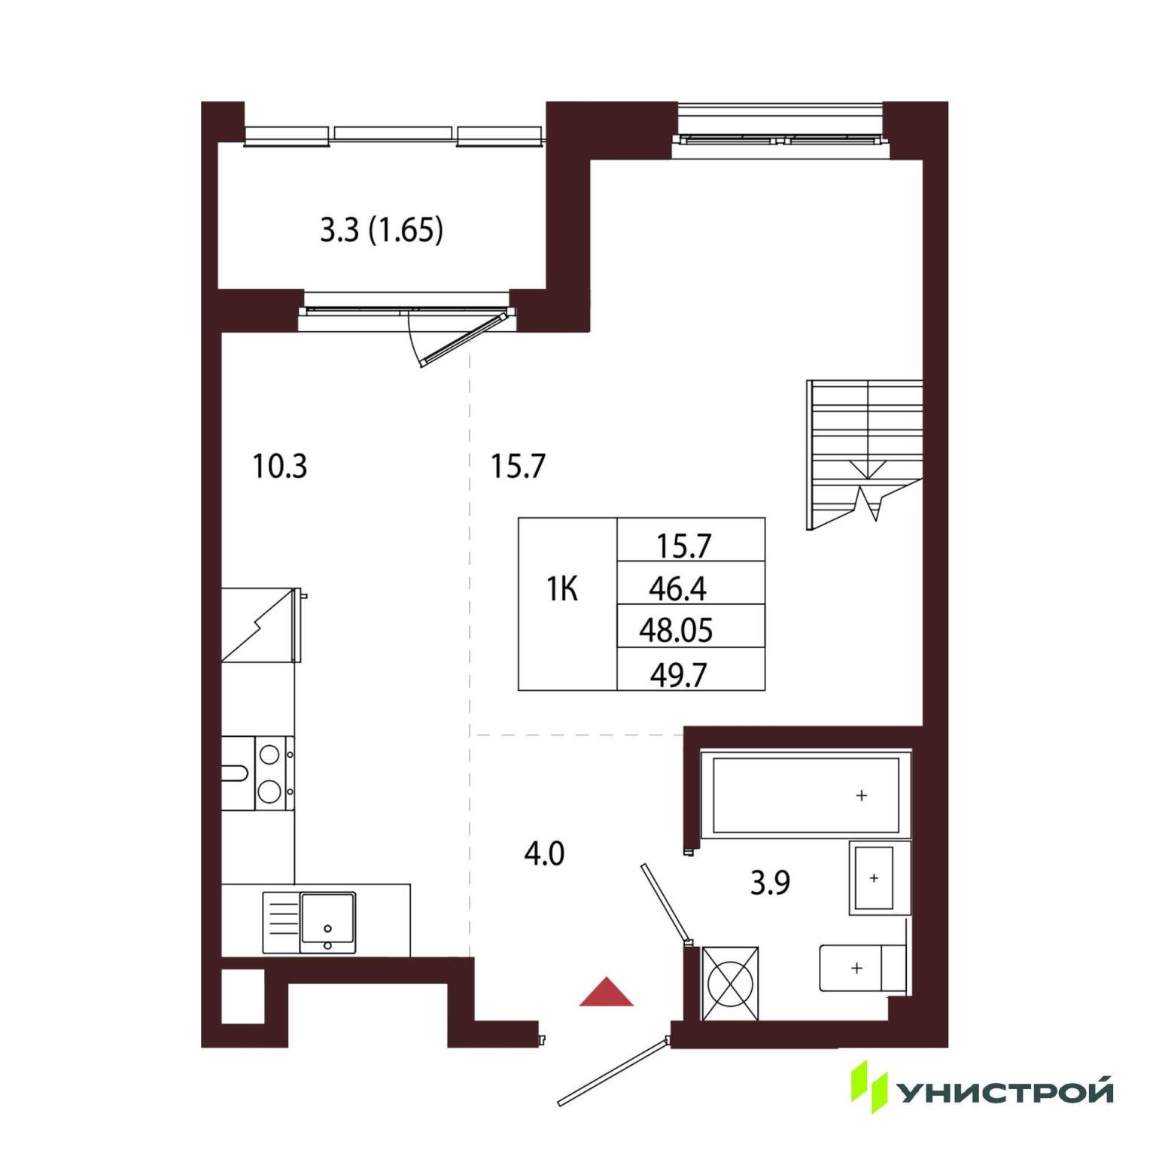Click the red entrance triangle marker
(607, 992)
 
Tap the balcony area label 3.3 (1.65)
(382, 230)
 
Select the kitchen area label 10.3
(279, 467)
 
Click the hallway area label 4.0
(544, 854)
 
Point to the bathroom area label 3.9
(770, 883)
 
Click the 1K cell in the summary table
(562, 589)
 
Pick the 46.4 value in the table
(677, 589)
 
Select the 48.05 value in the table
(676, 631)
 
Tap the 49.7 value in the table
(678, 675)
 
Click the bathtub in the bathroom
(806, 795)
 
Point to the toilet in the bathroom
(862, 968)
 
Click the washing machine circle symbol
(730, 984)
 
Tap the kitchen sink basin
(327, 918)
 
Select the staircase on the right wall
(865, 455)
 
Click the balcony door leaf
(464, 338)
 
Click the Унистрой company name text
(1006, 1091)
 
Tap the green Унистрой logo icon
(869, 1087)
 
